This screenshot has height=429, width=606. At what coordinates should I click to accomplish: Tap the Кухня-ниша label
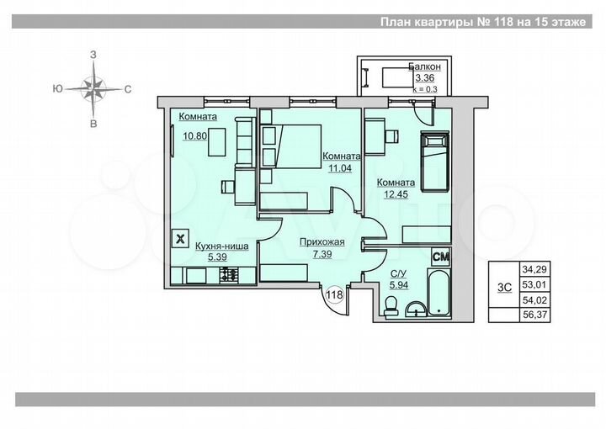[x=221, y=246]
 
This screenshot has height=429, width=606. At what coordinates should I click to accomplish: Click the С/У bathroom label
[x=398, y=274]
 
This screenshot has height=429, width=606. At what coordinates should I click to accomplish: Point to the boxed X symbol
[x=180, y=238]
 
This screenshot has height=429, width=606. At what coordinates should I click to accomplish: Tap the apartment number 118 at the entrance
[x=334, y=294]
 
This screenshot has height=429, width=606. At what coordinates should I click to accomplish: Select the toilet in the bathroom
[x=388, y=310]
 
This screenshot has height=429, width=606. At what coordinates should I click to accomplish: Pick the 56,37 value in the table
[x=534, y=315]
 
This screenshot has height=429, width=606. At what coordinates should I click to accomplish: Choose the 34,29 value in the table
[x=534, y=270]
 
